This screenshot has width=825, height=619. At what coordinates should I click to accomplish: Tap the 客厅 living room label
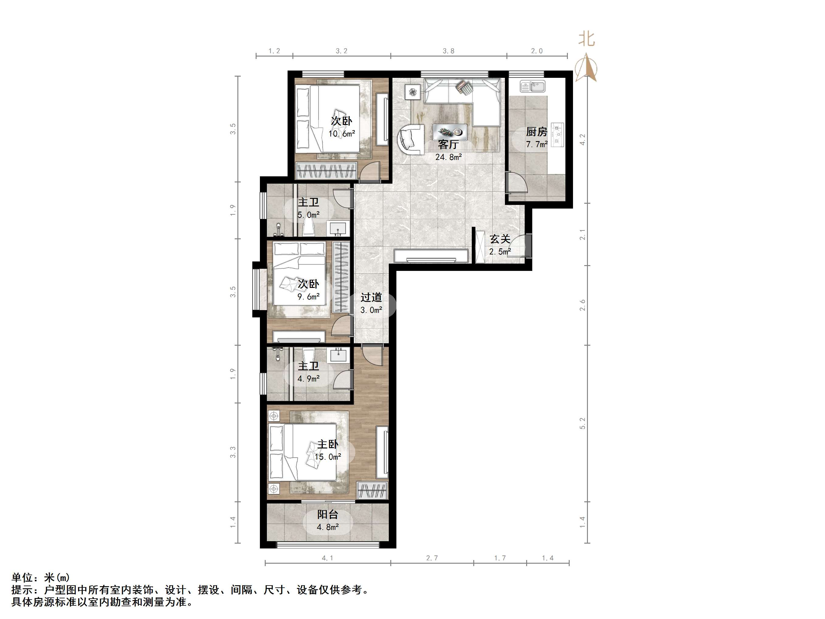tap(448, 144)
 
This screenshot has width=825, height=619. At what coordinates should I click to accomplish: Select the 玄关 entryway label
tap(499, 239)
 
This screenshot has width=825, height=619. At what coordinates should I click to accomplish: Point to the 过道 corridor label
tap(371, 297)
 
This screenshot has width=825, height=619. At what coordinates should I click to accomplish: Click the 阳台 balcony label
tap(327, 514)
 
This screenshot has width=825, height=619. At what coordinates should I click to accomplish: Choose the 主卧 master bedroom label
tap(327, 444)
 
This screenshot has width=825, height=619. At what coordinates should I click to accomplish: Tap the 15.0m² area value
tap(328, 457)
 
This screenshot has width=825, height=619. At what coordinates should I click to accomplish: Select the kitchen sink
tap(532, 87)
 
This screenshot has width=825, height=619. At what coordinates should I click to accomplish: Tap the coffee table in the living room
tap(450, 132)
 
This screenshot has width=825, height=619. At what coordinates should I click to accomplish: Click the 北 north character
tap(586, 39)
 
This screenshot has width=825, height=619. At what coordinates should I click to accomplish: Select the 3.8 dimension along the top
tap(448, 51)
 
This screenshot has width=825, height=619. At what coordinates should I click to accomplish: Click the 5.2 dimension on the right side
tap(582, 423)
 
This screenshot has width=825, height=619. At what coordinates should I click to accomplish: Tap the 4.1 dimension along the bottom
tap(327, 558)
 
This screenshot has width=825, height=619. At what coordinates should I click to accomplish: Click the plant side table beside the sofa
tap(413, 92)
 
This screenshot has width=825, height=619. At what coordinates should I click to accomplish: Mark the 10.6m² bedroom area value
tap(342, 133)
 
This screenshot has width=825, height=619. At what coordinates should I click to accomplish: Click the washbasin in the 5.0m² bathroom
tap(338, 228)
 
